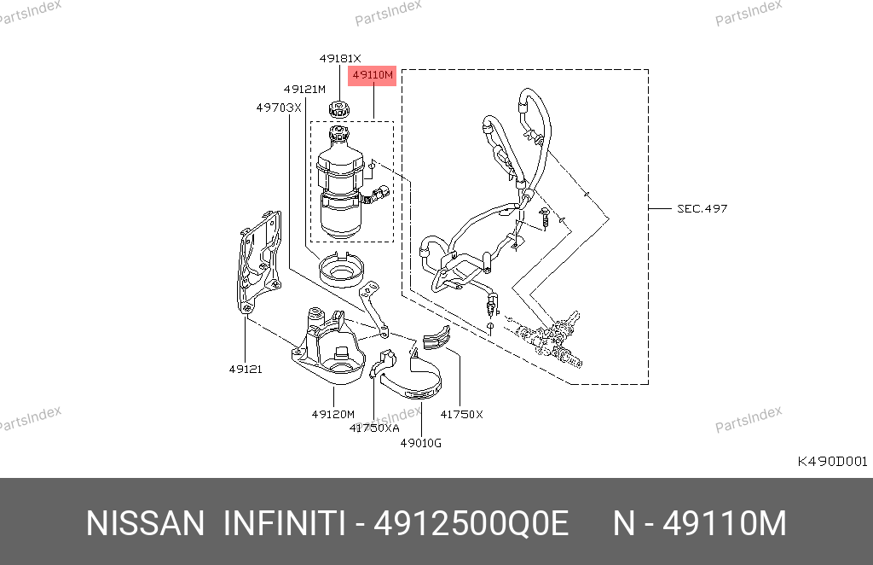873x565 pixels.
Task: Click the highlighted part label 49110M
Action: click(372, 75)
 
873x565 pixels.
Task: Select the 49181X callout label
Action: click(340, 59)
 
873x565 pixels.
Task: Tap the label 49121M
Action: click(304, 89)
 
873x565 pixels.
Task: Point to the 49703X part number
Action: click(279, 108)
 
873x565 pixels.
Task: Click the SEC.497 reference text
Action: click(702, 209)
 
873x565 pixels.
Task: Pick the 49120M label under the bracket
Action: click(333, 414)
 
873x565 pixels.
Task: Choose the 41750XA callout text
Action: click(374, 428)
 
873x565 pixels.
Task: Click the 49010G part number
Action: click(421, 444)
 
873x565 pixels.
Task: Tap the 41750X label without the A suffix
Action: click(461, 414)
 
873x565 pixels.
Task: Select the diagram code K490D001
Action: click(832, 462)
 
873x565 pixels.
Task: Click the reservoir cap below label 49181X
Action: click(338, 108)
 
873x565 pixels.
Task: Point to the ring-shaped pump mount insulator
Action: click(341, 270)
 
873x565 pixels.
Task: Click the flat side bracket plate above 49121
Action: click(259, 263)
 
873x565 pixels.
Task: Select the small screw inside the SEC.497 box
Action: click(545, 217)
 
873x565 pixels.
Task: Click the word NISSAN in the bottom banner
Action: click(145, 524)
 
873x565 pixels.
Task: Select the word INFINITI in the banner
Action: click(285, 524)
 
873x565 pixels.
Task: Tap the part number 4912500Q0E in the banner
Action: click(471, 524)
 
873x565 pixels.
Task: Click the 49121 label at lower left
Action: click(246, 369)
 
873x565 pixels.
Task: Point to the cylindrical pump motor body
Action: click(341, 214)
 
